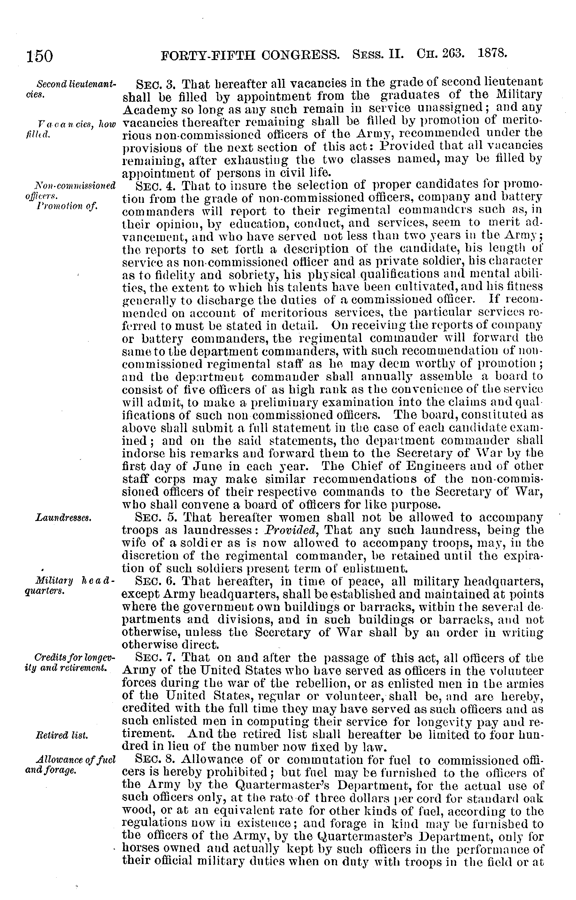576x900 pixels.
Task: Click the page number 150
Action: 39,57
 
